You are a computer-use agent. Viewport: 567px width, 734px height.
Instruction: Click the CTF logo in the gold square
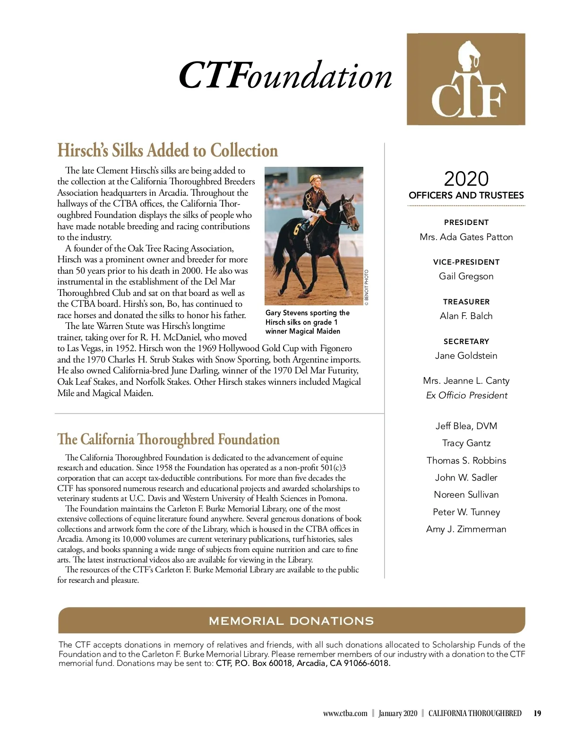point(466,79)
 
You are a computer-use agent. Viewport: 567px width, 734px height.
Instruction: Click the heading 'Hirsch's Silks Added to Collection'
point(167,150)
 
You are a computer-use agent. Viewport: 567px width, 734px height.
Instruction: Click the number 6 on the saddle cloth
point(297,229)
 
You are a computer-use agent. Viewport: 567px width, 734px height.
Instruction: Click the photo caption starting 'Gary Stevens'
point(307,322)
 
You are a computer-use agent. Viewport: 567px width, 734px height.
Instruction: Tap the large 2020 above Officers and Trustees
point(466,179)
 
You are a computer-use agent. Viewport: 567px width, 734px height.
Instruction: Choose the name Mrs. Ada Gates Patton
point(466,237)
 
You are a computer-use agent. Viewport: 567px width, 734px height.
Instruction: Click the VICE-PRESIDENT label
point(466,262)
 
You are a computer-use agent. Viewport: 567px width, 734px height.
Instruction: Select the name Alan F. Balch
point(466,316)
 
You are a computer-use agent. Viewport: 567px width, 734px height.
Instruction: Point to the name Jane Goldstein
point(466,356)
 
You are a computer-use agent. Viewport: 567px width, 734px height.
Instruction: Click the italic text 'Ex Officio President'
point(466,396)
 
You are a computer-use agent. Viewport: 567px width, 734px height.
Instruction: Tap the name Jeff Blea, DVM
point(466,426)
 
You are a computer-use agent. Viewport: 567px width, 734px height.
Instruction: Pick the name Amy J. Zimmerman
point(466,529)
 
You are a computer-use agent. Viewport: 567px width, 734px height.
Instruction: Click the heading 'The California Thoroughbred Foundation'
point(168,440)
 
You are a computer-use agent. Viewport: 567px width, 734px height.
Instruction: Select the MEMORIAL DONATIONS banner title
point(291,621)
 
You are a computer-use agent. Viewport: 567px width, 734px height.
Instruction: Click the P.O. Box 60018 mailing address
point(303,663)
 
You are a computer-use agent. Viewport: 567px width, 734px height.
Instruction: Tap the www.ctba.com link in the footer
point(345,714)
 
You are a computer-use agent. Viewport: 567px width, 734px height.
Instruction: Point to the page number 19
point(537,714)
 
